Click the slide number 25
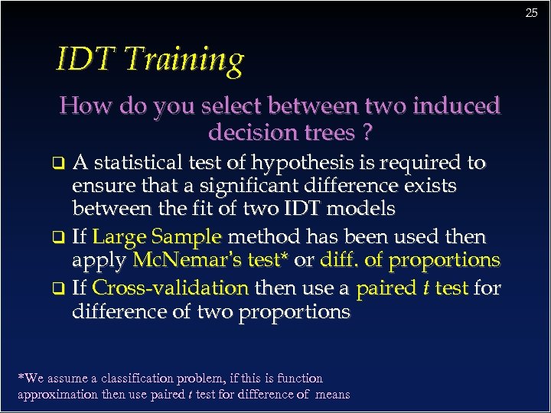click(532, 13)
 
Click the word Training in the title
click(184, 60)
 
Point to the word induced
click(455, 106)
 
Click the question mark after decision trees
click(368, 133)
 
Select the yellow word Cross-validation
click(170, 288)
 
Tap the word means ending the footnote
click(331, 395)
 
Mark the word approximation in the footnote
click(57, 395)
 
